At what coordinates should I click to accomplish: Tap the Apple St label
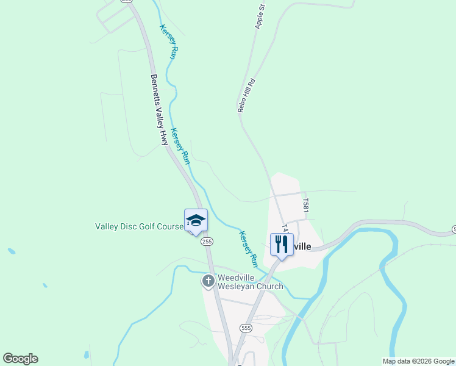click(261, 17)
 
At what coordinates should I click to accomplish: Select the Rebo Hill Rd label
click(246, 95)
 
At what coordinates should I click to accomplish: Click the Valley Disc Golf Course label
click(139, 226)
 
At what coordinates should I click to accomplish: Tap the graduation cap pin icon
click(196, 220)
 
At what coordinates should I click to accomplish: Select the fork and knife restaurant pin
click(282, 244)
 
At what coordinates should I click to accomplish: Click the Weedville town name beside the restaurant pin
click(299, 246)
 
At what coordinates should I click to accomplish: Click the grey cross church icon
click(208, 281)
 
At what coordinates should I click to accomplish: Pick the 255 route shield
click(207, 242)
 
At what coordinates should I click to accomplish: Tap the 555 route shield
click(246, 328)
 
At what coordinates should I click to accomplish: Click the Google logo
click(20, 359)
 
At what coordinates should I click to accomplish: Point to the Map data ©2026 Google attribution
click(419, 361)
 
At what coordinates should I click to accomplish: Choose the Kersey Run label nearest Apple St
click(168, 41)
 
